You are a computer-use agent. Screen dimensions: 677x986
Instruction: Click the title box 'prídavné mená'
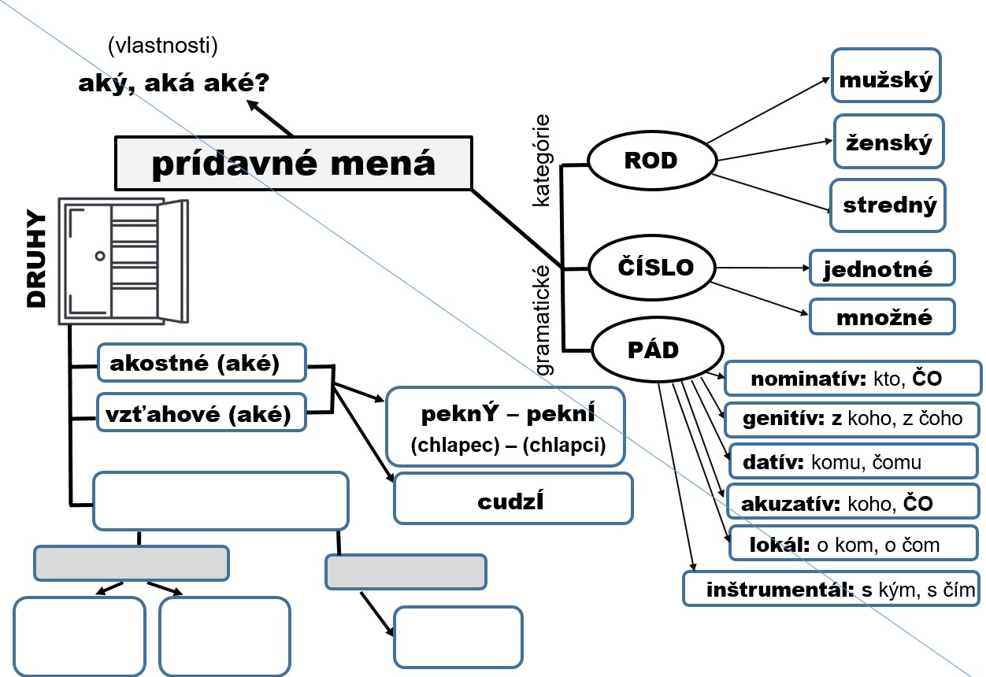(x=293, y=164)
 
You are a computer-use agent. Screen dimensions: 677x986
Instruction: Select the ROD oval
(x=651, y=161)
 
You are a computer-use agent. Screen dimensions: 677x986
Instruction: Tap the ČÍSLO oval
(x=654, y=268)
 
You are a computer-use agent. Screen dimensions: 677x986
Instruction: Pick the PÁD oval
(x=657, y=350)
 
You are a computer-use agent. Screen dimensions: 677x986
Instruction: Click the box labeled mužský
(x=886, y=76)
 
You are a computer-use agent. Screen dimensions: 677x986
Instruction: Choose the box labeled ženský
(x=888, y=142)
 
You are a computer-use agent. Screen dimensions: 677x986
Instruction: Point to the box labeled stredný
(x=888, y=205)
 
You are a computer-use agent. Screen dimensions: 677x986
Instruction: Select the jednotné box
(x=882, y=268)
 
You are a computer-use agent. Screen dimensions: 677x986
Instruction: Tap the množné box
(x=882, y=317)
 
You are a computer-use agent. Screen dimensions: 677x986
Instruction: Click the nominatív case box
(x=846, y=379)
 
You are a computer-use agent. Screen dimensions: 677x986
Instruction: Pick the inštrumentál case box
(x=831, y=589)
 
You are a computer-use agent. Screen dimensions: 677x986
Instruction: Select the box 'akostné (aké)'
(x=201, y=362)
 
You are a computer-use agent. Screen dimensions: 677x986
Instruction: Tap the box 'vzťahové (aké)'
(x=201, y=412)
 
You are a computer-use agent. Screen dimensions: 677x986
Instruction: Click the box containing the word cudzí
(x=513, y=499)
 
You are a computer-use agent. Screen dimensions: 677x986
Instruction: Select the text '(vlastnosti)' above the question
(x=163, y=46)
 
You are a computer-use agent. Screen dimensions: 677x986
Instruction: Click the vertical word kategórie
(x=541, y=161)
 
